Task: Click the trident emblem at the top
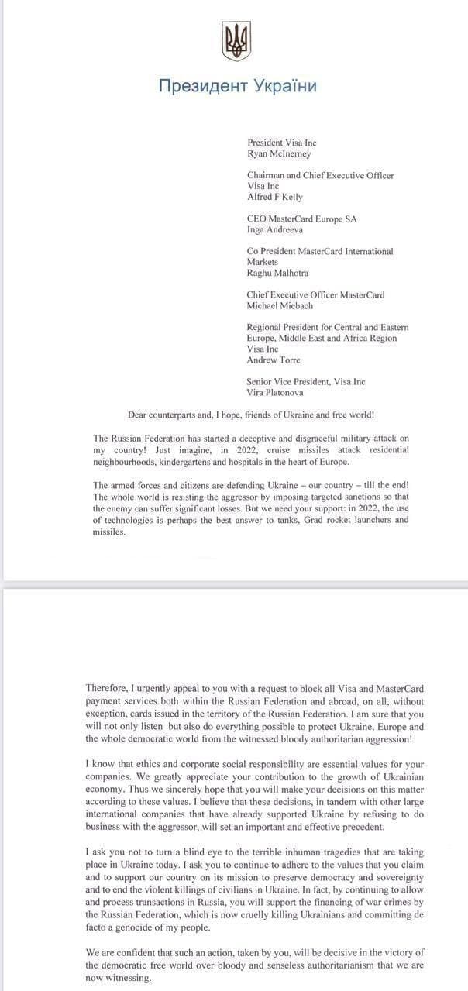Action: pyautogui.click(x=236, y=41)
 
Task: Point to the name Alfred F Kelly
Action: pyautogui.click(x=275, y=197)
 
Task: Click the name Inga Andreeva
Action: pyautogui.click(x=276, y=229)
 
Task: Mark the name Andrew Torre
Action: pyautogui.click(x=274, y=360)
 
